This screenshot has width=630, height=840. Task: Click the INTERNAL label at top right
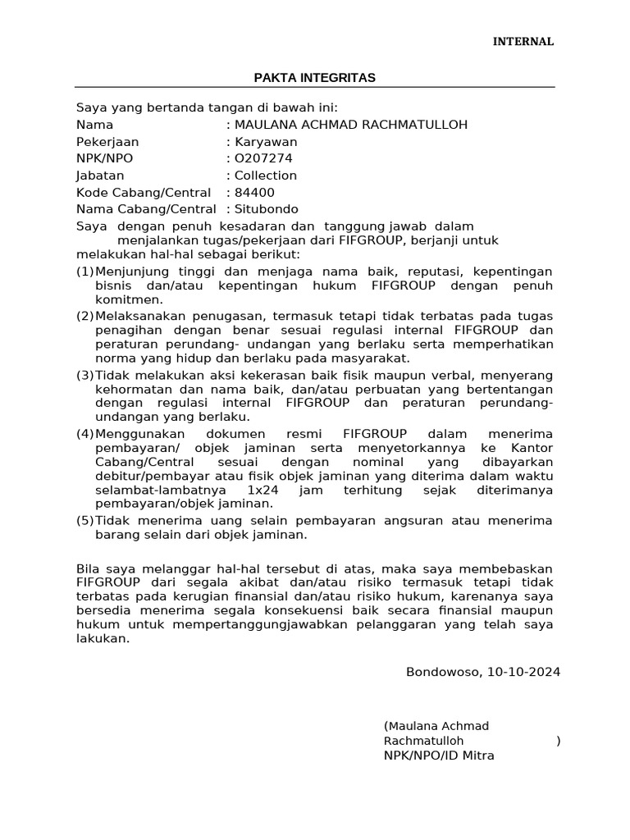tap(523, 41)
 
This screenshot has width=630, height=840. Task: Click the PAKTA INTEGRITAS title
tap(314, 77)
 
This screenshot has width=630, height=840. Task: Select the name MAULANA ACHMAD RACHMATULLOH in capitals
tap(351, 125)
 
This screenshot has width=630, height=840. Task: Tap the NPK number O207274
tap(263, 158)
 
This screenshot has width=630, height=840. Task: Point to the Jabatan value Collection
tap(266, 176)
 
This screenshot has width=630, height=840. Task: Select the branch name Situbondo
tap(267, 209)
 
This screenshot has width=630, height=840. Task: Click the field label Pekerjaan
tap(107, 142)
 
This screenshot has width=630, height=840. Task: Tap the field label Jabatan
tap(100, 176)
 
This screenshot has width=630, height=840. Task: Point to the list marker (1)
tap(85, 272)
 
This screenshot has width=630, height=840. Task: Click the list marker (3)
tap(85, 375)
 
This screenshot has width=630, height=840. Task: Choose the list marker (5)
tap(85, 521)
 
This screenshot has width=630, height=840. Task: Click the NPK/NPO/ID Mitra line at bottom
tap(439, 756)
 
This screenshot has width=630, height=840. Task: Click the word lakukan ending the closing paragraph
tap(102, 641)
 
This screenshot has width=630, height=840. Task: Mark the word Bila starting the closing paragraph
tap(87, 568)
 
